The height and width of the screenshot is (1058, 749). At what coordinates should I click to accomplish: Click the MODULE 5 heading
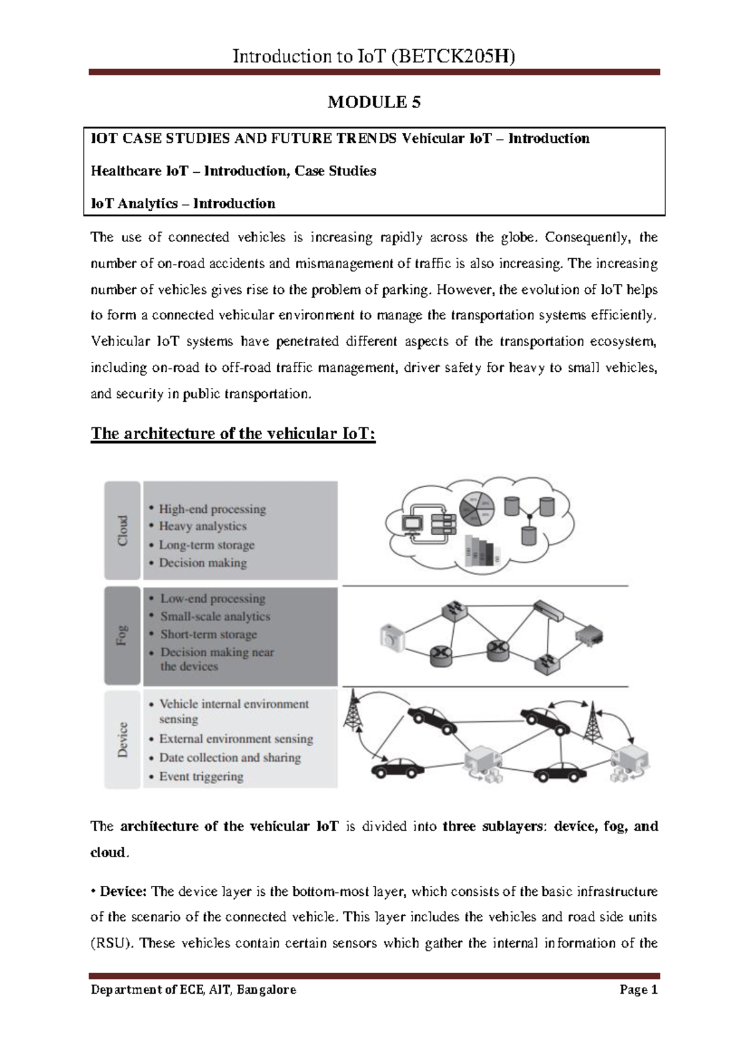tap(374, 102)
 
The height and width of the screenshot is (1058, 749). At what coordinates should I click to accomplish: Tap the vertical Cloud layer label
tap(123, 530)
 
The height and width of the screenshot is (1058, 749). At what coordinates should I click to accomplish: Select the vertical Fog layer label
tap(122, 635)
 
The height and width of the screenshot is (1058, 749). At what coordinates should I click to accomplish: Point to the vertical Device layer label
tap(122, 739)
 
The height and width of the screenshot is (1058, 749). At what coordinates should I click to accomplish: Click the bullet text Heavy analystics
tap(202, 527)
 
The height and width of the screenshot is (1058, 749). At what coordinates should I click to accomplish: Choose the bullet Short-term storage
tap(208, 634)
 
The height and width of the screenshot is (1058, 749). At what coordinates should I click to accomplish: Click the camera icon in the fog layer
tap(392, 638)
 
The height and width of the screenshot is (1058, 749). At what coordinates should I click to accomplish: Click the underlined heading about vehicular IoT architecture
tap(233, 434)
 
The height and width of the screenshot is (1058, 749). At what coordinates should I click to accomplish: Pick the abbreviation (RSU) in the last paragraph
tap(112, 943)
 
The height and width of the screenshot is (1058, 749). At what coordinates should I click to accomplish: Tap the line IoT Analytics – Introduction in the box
tap(183, 203)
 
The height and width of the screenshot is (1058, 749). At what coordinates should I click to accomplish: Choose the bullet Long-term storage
tap(207, 545)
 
